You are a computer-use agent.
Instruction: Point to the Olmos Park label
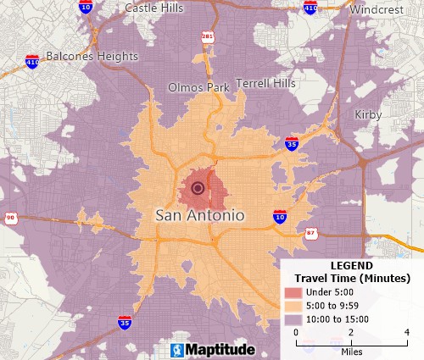click(x=198, y=87)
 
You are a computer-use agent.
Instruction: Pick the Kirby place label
click(x=368, y=114)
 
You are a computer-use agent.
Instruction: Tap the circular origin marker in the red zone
click(x=198, y=188)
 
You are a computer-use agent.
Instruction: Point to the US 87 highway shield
click(x=312, y=232)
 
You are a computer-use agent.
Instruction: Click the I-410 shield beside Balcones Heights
click(x=32, y=62)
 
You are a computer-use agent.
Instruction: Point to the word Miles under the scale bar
click(x=352, y=350)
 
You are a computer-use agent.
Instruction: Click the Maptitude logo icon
click(x=177, y=350)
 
